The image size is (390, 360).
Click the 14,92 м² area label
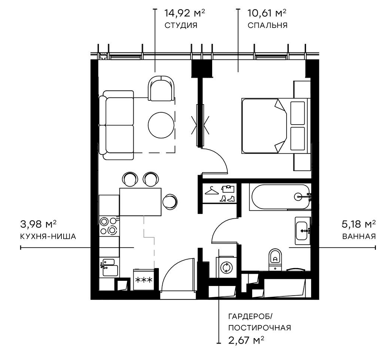click(185, 14)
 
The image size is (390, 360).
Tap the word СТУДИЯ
click(180, 26)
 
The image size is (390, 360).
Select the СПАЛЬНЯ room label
click(267, 26)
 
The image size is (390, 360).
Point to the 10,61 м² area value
click(267, 14)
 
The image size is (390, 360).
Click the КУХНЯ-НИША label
click(48, 237)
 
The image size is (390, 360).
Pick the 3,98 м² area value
click(38, 225)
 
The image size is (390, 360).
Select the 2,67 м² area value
click(246, 340)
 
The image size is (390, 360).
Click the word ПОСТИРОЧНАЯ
click(259, 328)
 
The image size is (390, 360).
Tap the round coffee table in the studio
click(161, 125)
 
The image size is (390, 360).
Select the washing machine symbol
click(226, 267)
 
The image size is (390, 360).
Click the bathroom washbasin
click(302, 231)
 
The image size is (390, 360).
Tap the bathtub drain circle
click(299, 197)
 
